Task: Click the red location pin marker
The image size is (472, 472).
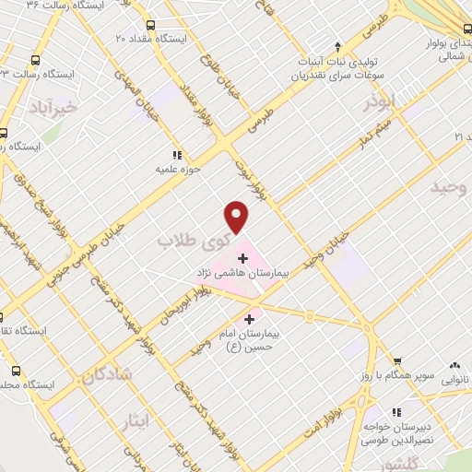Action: click(238, 217)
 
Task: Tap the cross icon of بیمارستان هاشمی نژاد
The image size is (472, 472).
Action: click(242, 258)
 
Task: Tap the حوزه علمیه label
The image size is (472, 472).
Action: click(177, 170)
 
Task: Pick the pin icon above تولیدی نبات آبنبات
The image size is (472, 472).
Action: click(339, 44)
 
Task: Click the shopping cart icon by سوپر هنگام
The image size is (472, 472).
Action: click(397, 360)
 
